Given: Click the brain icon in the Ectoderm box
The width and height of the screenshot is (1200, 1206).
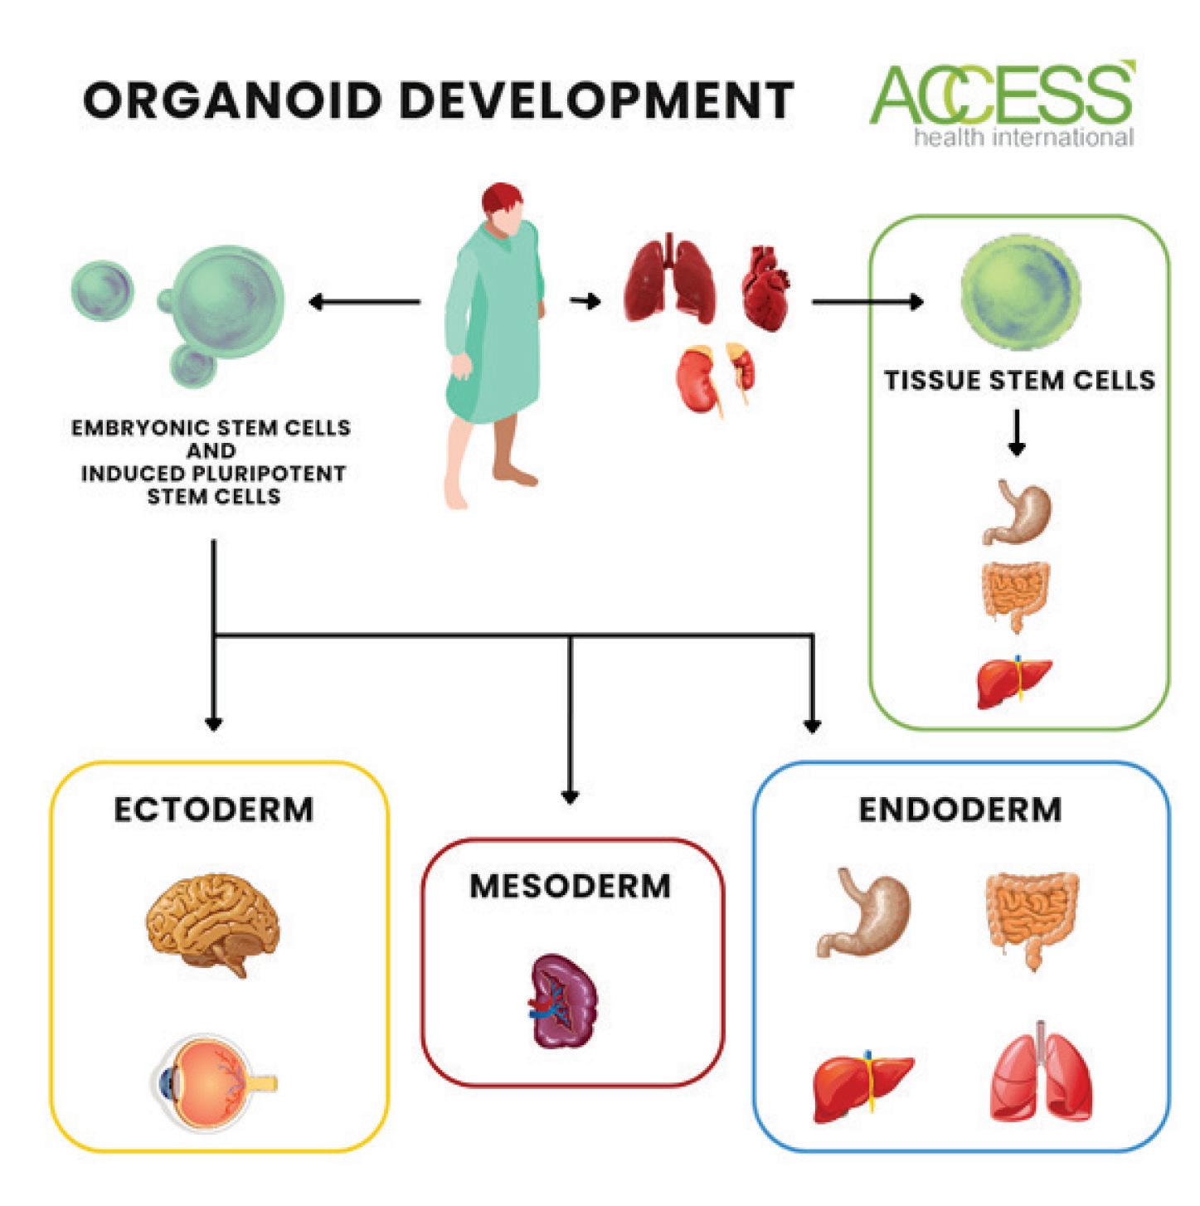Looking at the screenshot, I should tap(213, 926).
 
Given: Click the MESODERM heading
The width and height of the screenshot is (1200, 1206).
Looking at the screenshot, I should tap(571, 886).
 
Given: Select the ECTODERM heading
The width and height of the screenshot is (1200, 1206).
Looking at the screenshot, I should tap(213, 810).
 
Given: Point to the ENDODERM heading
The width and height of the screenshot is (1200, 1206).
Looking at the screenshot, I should tap(960, 810).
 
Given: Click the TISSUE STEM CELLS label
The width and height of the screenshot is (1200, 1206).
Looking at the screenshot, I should tap(1019, 381).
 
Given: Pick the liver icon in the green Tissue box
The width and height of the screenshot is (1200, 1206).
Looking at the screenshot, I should tap(1014, 680).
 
